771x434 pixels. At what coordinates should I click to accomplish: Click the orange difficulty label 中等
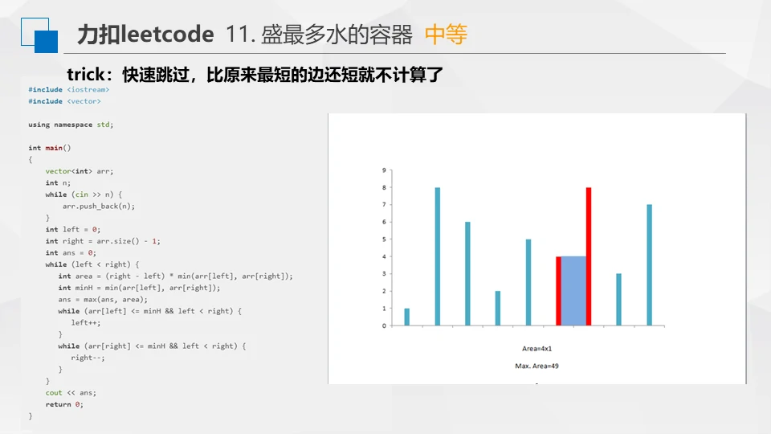point(446,35)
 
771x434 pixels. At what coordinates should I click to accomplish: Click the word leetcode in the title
point(168,35)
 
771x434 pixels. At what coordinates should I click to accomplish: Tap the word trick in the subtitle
point(86,74)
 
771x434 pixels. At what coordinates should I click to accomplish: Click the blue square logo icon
point(39,35)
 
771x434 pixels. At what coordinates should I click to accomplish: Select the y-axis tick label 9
point(384,170)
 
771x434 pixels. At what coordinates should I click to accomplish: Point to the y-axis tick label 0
point(384,325)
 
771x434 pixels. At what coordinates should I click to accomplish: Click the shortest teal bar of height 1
point(406,317)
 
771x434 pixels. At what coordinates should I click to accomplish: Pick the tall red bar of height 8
point(589,256)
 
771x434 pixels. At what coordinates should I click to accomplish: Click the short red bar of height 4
point(559,291)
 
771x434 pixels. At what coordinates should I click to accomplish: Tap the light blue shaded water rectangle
point(573,291)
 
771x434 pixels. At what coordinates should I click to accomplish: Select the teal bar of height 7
point(649,265)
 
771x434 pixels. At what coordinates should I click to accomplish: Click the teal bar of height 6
point(467,273)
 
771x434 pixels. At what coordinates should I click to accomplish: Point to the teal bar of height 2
point(498,308)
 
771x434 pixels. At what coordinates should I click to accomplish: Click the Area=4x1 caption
point(537,348)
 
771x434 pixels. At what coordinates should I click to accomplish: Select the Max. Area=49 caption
point(537,366)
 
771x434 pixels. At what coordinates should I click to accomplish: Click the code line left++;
point(86,323)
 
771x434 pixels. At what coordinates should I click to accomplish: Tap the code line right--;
point(88,358)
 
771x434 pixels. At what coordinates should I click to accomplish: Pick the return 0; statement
point(64,404)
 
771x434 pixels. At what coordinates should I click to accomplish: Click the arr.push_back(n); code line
point(98,207)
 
